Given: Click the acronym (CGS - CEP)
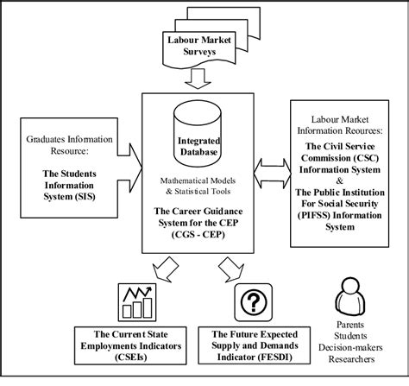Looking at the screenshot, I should (x=198, y=237).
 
